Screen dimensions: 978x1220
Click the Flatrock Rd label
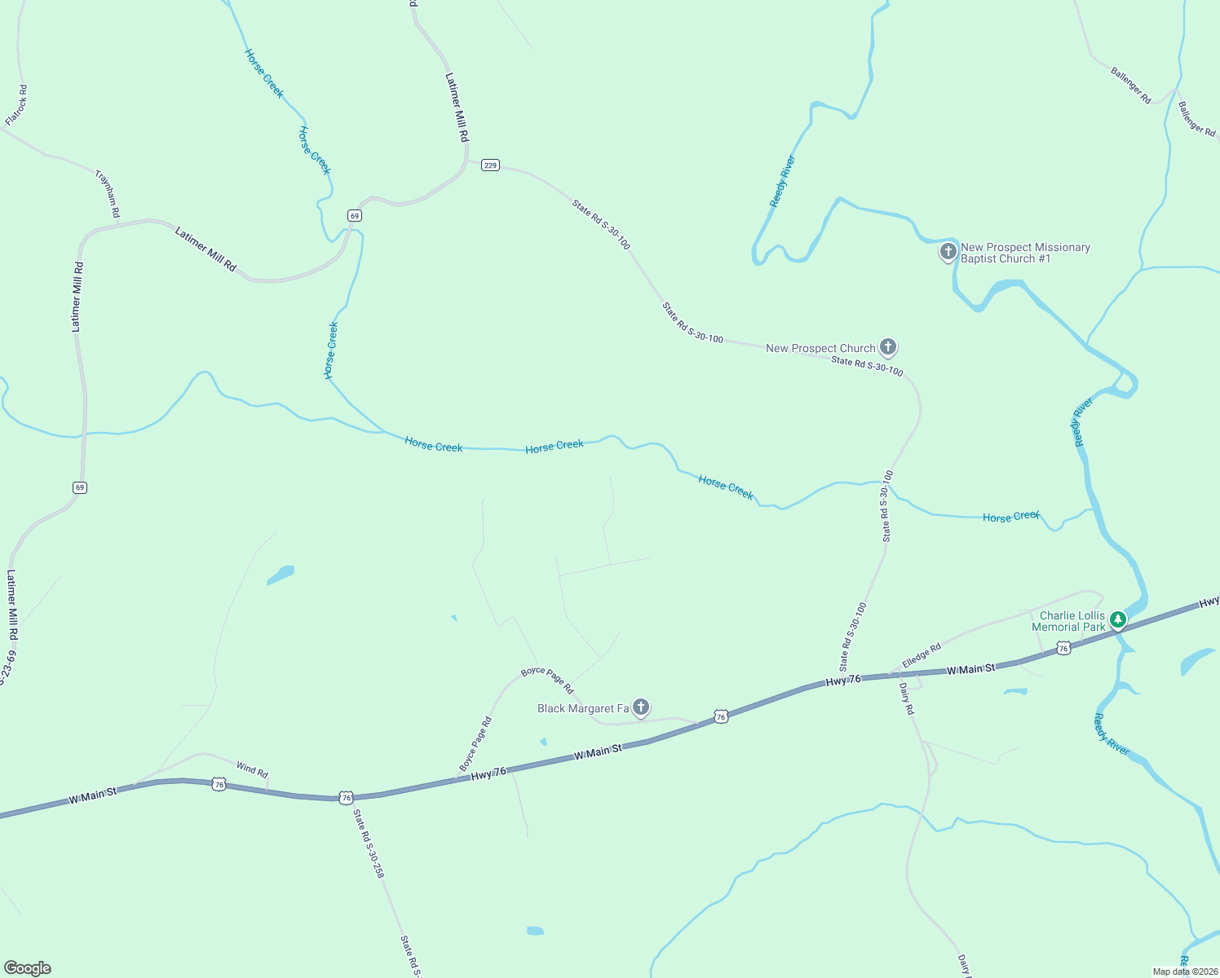point(17,105)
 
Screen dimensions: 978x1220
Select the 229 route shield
point(489,165)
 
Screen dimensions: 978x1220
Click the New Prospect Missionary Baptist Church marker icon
point(948,251)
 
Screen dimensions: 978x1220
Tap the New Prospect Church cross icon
point(888,347)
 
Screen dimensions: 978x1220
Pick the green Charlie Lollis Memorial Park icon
point(1118,620)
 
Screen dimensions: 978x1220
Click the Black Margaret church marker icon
point(641,707)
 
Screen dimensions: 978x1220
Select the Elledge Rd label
point(922,655)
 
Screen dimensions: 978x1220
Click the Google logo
point(28,968)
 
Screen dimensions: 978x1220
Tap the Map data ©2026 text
point(1185,971)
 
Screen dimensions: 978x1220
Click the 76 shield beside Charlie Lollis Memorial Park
point(1063,648)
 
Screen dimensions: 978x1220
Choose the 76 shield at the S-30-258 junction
point(347,797)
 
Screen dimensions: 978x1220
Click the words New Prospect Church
point(820,348)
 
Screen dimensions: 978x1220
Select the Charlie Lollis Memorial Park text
point(1068,621)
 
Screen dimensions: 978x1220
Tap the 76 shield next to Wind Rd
point(219,784)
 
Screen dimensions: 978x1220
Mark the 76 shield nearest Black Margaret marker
point(720,716)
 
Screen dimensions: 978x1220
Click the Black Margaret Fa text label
point(583,708)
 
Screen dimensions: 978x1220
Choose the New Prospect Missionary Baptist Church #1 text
point(1025,253)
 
